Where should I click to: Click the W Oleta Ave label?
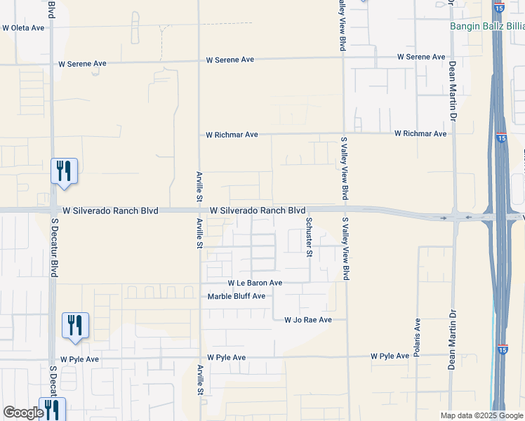pyautogui.click(x=23, y=28)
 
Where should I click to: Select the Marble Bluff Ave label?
pyautogui.click(x=237, y=296)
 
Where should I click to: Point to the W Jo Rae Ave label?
pyautogui.click(x=307, y=320)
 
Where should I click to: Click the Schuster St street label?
pyautogui.click(x=309, y=236)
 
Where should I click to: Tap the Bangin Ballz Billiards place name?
pyautogui.click(x=487, y=27)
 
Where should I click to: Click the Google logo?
pyautogui.click(x=22, y=413)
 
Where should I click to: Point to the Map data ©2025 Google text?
pyautogui.click(x=481, y=415)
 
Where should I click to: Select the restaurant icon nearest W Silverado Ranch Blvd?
pyautogui.click(x=64, y=171)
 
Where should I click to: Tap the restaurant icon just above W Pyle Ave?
pyautogui.click(x=75, y=325)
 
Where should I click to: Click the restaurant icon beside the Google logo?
pyautogui.click(x=52, y=408)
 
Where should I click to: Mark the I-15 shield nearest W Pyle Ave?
pyautogui.click(x=501, y=348)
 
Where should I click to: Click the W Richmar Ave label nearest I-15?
pyautogui.click(x=420, y=133)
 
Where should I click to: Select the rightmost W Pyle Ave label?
pyautogui.click(x=390, y=356)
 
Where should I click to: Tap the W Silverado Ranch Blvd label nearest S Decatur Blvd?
pyautogui.click(x=110, y=210)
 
